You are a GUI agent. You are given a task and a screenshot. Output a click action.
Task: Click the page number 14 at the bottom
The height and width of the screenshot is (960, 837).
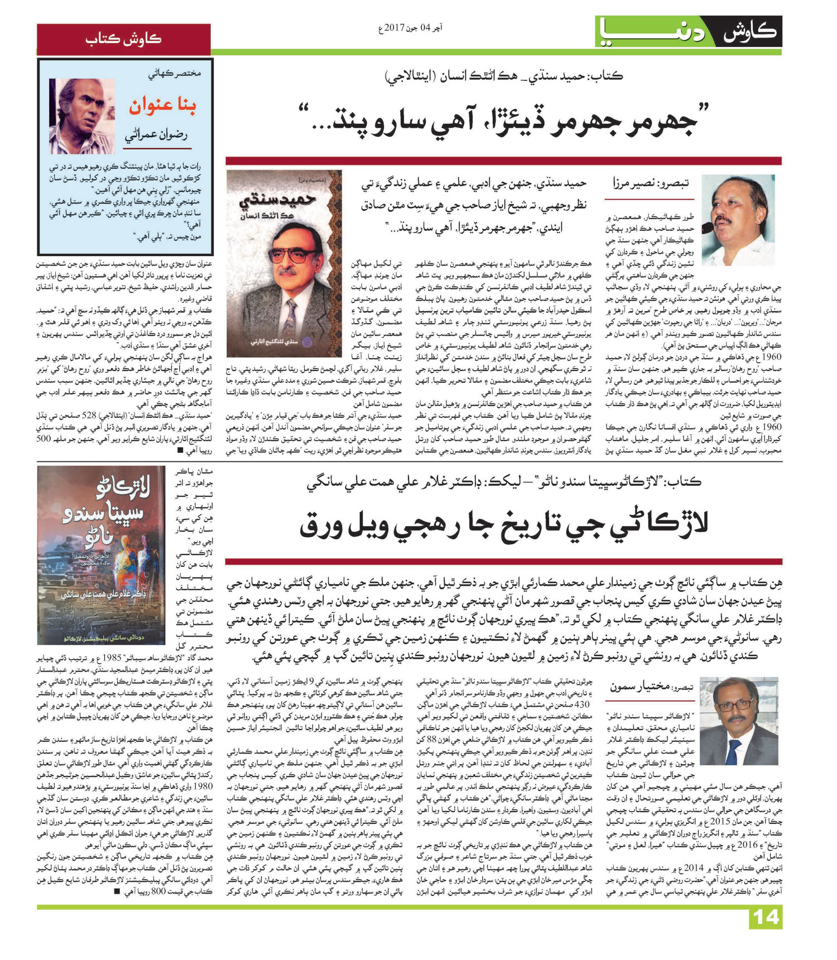click(766, 918)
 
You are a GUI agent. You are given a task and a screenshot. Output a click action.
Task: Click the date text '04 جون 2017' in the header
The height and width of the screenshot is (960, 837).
click(411, 27)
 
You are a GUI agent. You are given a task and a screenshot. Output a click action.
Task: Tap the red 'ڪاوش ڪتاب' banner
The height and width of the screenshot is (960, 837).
click(123, 39)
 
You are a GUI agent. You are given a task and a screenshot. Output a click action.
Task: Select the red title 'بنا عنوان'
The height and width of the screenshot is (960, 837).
click(162, 105)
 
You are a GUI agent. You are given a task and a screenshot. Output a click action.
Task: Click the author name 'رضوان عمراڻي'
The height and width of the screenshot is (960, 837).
click(157, 136)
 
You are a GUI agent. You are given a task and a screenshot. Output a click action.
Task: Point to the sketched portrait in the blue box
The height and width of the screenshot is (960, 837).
click(81, 116)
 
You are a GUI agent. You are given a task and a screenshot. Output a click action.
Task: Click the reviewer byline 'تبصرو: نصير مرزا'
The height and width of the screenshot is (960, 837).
click(650, 182)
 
